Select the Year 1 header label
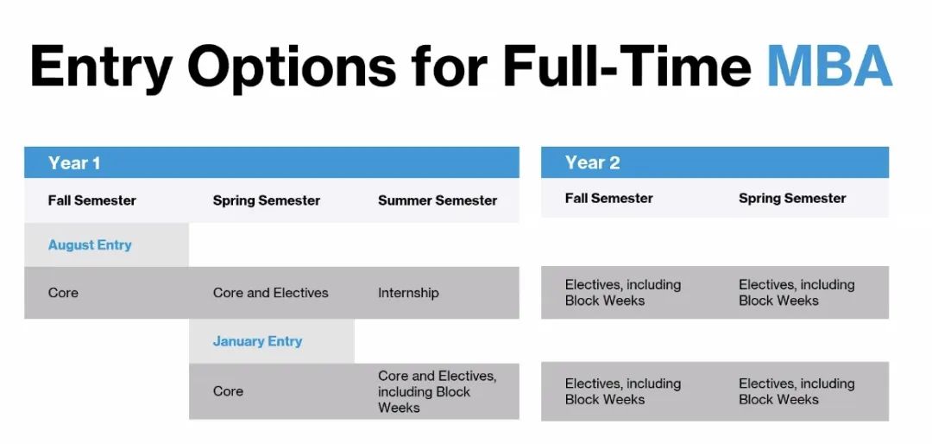tap(74, 163)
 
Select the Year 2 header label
tap(592, 163)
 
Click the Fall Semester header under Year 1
tap(92, 200)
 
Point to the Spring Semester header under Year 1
tap(267, 200)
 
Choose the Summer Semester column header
tap(438, 200)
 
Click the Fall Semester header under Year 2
tap(608, 198)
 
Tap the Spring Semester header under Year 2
tap(792, 199)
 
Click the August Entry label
tap(90, 245)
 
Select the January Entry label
tap(257, 341)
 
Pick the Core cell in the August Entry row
tap(63, 293)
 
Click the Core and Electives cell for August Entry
tap(270, 293)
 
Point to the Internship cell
tap(408, 293)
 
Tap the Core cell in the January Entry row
tap(228, 391)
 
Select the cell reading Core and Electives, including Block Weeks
tap(437, 391)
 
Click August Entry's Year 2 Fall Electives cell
tap(623, 293)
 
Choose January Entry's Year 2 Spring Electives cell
tap(797, 391)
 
